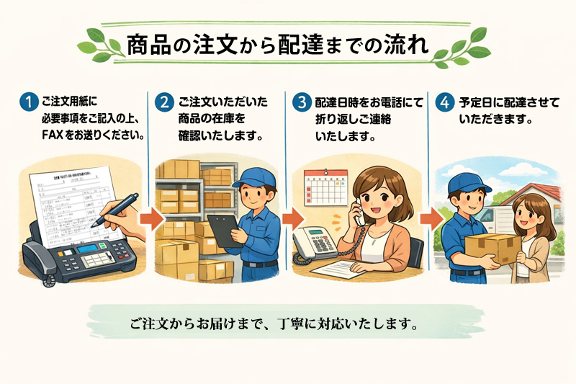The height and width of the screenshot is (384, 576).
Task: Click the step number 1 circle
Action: pyautogui.click(x=27, y=102)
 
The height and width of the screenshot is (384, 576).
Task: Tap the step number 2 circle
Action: pyautogui.click(x=164, y=102)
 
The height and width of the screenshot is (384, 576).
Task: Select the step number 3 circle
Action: pyautogui.click(x=300, y=102)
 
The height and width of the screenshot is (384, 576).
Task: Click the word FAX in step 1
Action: pyautogui.click(x=55, y=135)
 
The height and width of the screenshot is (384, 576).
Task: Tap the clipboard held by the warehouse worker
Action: pyautogui.click(x=220, y=229)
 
